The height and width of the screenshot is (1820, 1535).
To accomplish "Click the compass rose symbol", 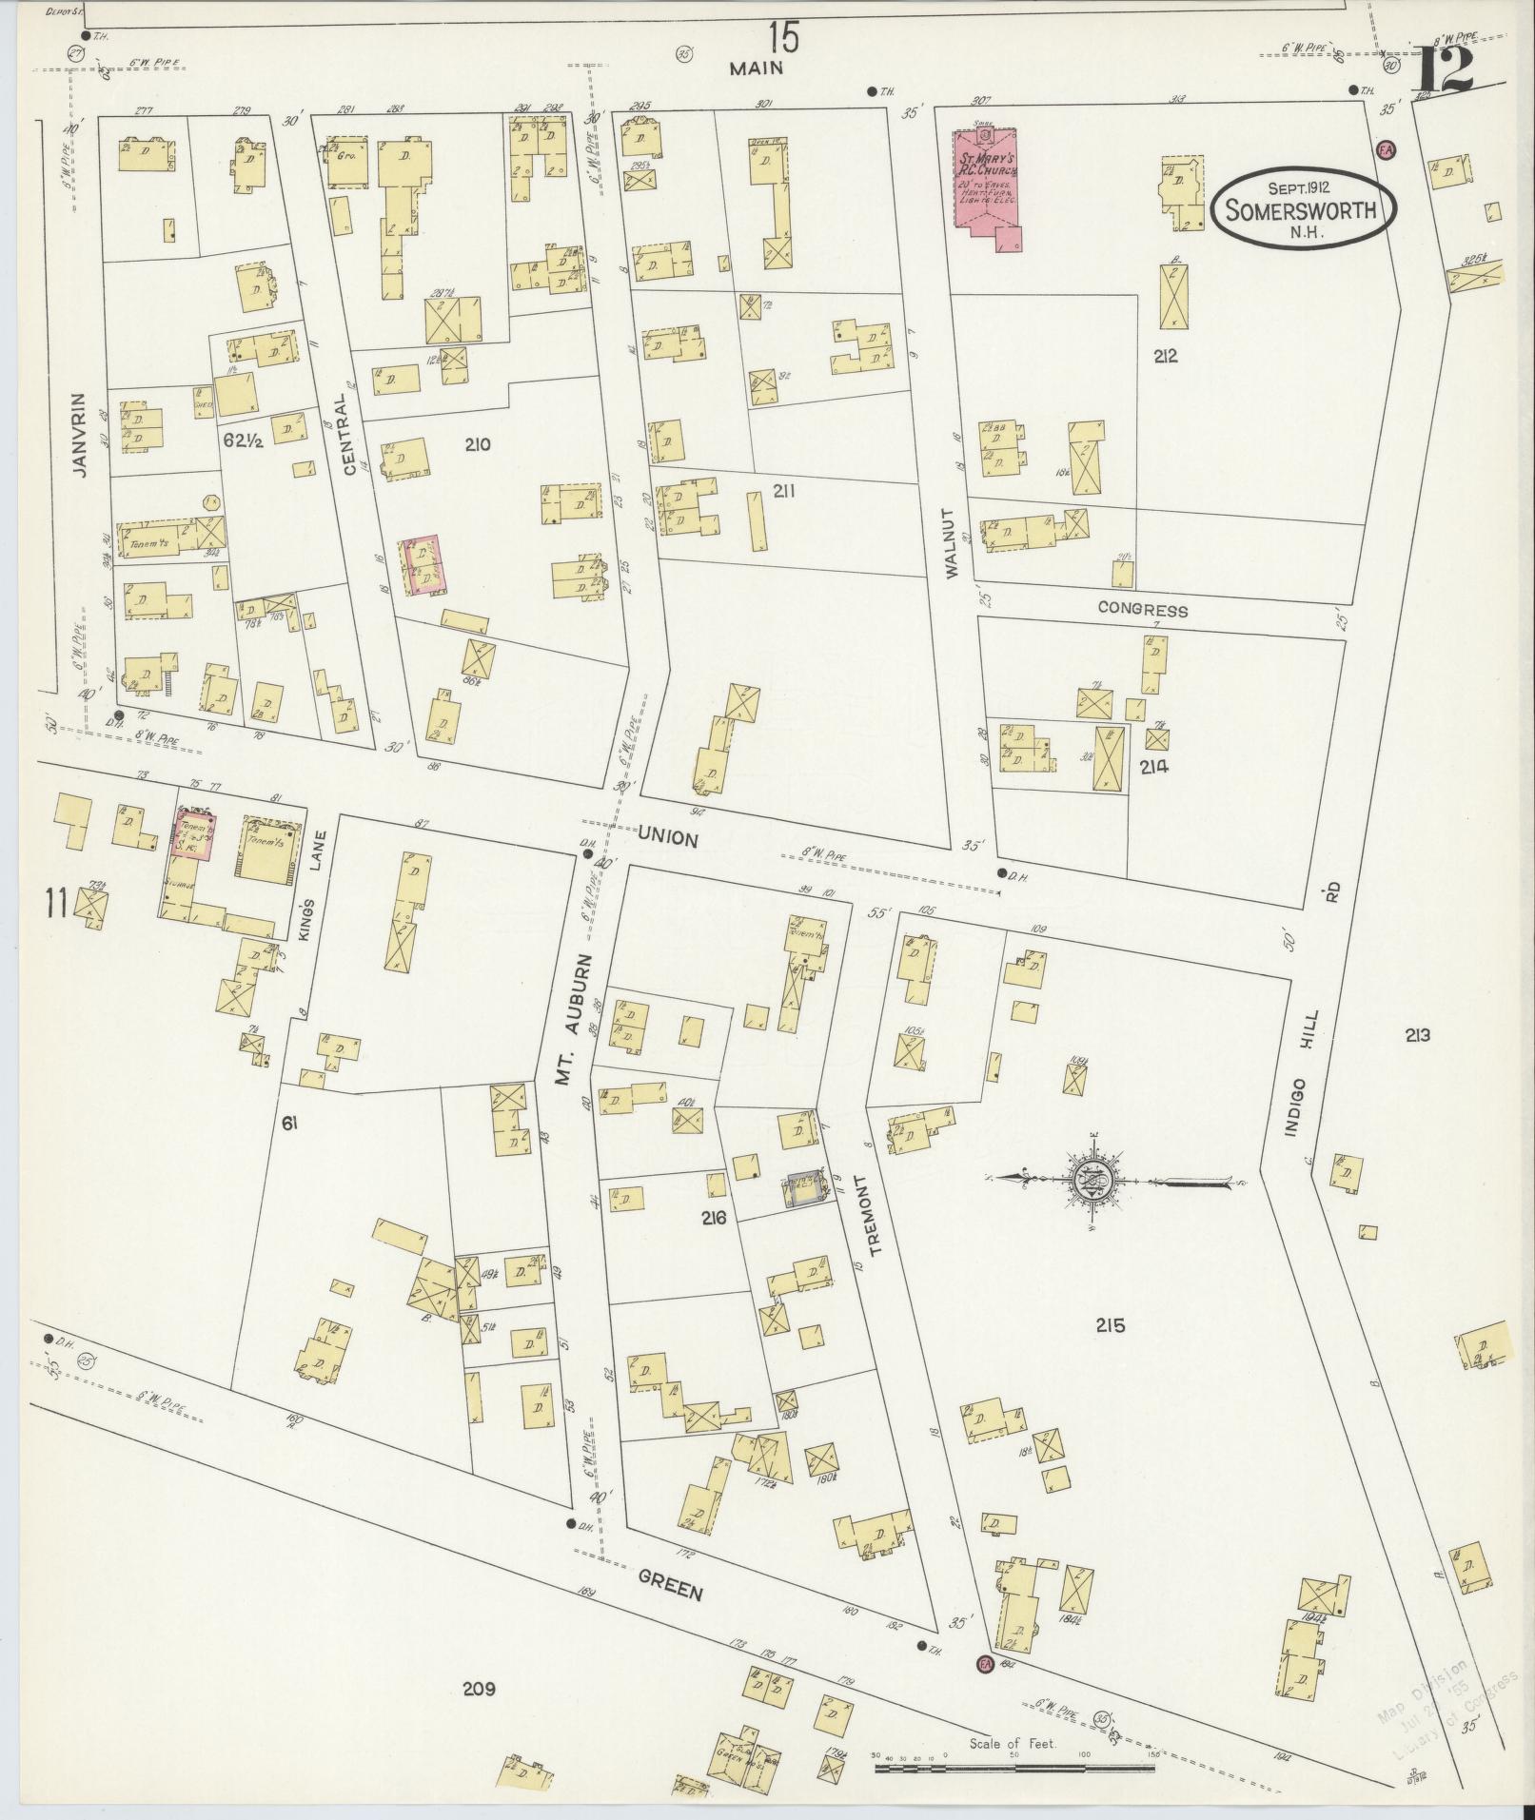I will click(x=1090, y=1184).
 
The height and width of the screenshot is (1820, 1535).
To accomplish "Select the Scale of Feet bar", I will click(x=1013, y=1768).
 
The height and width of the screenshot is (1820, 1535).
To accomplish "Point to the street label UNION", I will click(x=668, y=837).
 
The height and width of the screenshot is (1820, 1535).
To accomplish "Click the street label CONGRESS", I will click(x=1142, y=610).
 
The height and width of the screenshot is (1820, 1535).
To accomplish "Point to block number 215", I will click(x=1110, y=1324).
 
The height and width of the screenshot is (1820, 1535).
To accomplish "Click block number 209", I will click(x=480, y=1690).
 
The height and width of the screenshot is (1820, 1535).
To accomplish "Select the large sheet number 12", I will click(x=1445, y=69).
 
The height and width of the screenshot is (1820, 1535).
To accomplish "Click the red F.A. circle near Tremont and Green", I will click(x=985, y=1663).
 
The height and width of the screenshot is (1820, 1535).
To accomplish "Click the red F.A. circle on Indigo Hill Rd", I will click(x=1386, y=149).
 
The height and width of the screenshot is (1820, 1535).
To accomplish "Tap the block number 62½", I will click(x=243, y=440).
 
